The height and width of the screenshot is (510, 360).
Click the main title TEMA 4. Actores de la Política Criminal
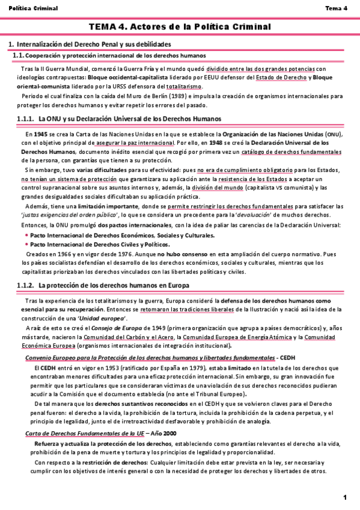point(180,27)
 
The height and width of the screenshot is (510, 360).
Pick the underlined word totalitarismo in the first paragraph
point(185,86)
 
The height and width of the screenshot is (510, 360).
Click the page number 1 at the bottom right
point(346,497)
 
